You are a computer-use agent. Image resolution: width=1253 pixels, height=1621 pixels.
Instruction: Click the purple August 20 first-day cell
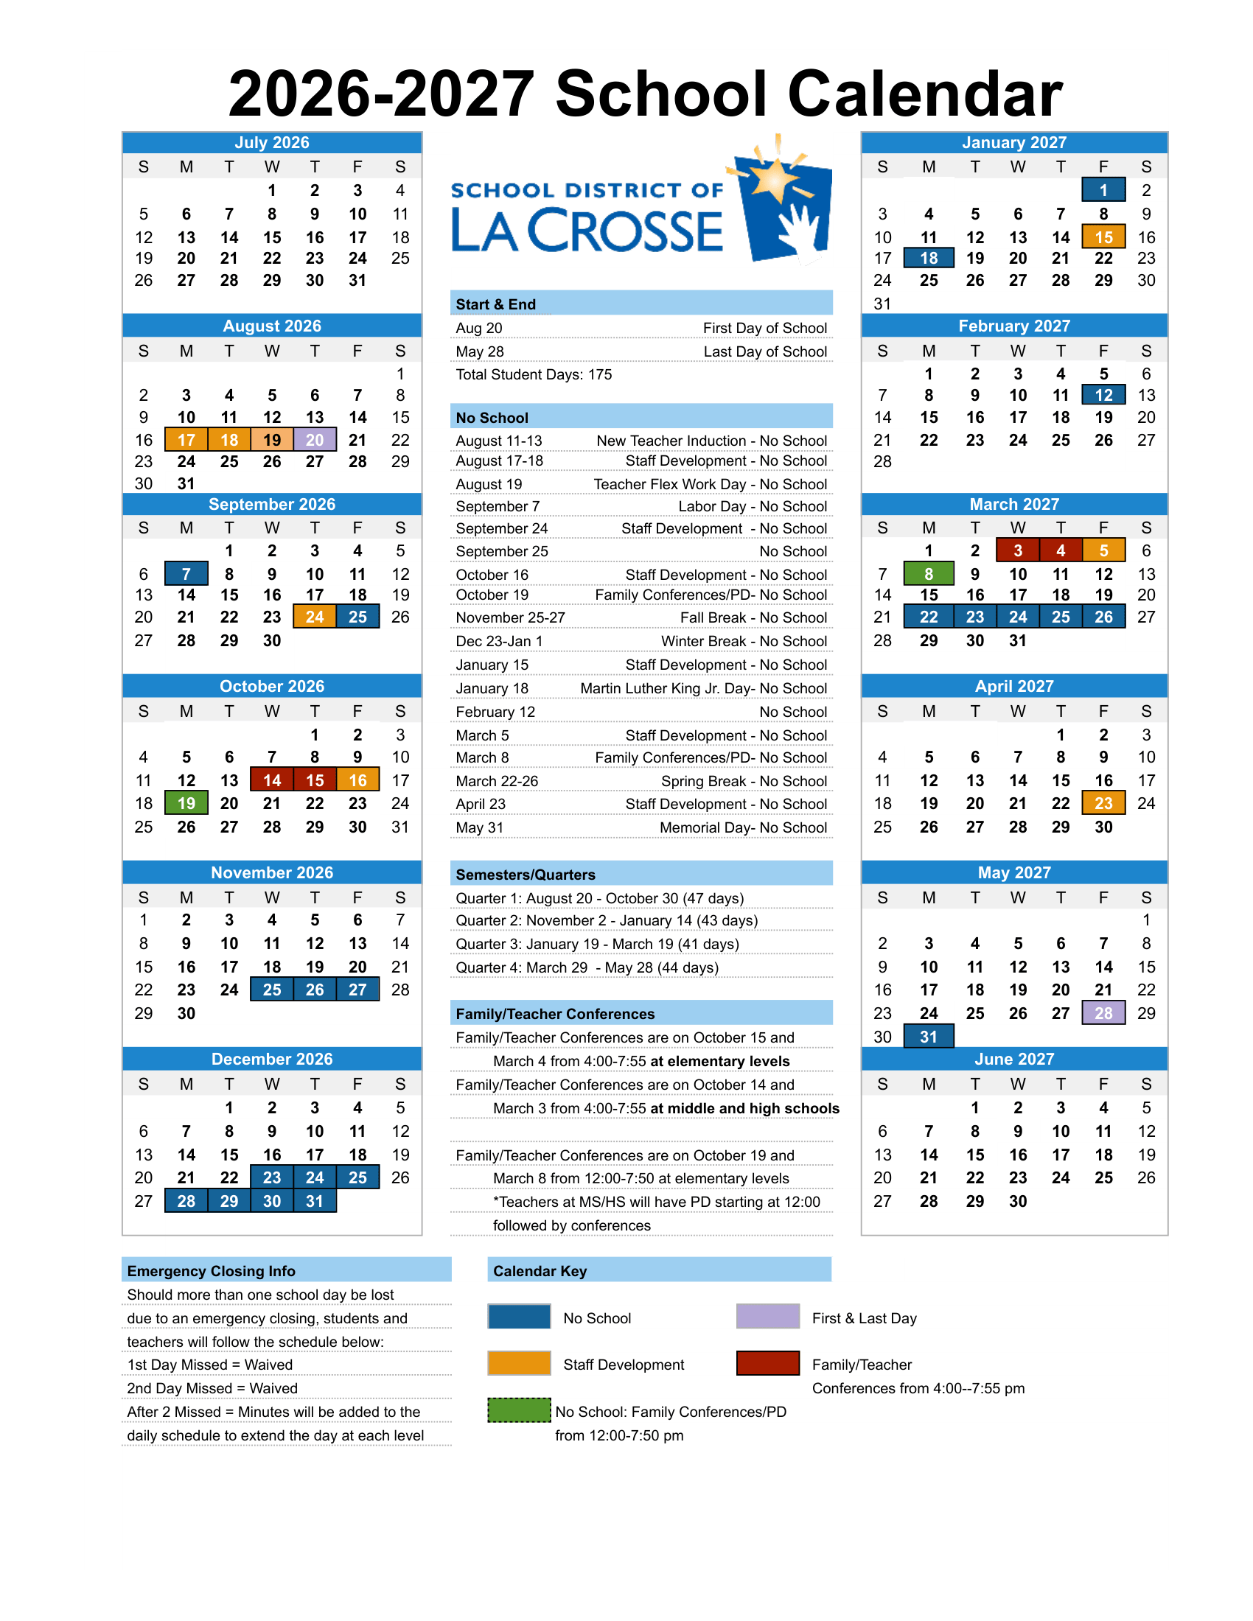[315, 439]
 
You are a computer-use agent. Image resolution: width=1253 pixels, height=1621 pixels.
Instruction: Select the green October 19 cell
[186, 803]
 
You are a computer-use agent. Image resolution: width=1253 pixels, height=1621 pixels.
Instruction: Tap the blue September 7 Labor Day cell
[186, 574]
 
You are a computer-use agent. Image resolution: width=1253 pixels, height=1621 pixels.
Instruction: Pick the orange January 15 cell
[1103, 237]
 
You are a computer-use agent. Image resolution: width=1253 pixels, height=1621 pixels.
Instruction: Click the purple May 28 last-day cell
[1103, 1013]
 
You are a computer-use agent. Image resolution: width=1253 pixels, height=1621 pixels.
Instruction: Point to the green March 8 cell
[929, 574]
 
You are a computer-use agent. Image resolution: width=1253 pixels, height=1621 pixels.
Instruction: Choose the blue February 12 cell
[1103, 395]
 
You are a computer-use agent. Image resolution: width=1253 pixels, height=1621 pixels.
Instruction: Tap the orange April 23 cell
[1103, 803]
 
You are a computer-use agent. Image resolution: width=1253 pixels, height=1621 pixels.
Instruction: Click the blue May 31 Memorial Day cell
[929, 1037]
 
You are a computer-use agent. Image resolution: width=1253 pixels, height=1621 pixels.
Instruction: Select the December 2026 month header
[272, 1059]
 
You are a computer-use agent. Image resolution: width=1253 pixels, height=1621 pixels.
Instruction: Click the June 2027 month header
[1014, 1059]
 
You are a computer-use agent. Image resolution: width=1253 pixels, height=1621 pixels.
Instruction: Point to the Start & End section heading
[496, 304]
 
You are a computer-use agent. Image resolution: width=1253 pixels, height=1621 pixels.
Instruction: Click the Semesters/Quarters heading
[526, 875]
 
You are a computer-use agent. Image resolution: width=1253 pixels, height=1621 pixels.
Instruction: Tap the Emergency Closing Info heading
[212, 1271]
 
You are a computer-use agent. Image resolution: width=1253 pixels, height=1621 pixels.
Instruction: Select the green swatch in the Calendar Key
[519, 1410]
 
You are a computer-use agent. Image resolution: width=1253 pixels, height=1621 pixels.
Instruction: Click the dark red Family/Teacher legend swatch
[767, 1363]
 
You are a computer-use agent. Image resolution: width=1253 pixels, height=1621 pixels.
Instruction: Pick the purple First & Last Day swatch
[767, 1317]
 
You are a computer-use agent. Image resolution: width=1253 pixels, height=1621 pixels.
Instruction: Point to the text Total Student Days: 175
[534, 375]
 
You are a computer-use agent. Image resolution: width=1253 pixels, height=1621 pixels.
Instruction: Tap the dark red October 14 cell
[272, 780]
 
